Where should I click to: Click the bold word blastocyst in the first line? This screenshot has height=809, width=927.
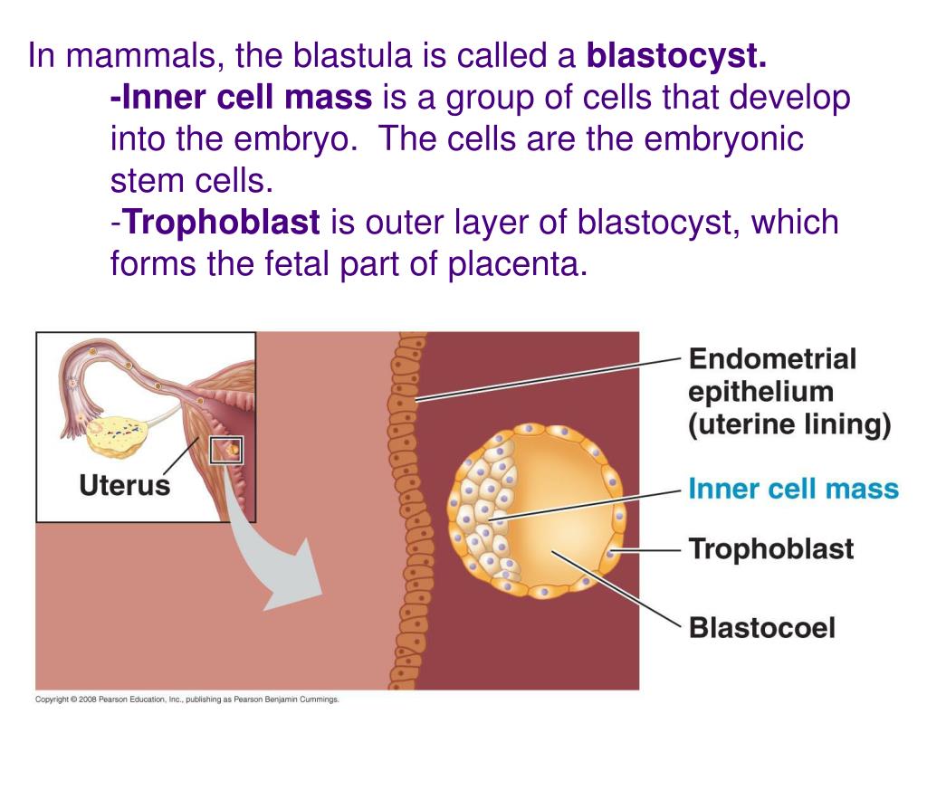click(677, 58)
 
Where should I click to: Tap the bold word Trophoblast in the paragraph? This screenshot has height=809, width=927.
click(221, 223)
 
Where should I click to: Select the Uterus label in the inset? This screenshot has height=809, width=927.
click(124, 485)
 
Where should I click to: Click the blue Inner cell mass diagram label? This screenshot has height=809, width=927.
click(793, 490)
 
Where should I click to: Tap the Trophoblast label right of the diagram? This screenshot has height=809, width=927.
click(770, 548)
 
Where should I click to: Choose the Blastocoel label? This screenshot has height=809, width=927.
click(761, 627)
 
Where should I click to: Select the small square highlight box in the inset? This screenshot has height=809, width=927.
click(225, 450)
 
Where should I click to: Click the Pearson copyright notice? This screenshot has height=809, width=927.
click(186, 699)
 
